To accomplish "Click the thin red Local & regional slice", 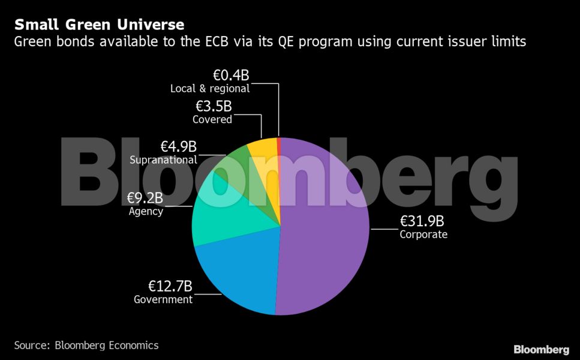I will (278, 147).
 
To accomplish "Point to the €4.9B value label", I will (178, 146).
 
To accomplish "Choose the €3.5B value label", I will (214, 107).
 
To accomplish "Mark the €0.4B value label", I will (231, 75).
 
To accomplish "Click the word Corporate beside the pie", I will (423, 235).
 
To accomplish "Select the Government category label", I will (163, 299).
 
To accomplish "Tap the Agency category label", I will (146, 211).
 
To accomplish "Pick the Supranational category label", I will (163, 160).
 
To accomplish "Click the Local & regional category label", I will (210, 88).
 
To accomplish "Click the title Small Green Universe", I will (99, 25).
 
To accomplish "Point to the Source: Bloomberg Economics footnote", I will (86, 345).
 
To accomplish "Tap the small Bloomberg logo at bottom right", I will (541, 349).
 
